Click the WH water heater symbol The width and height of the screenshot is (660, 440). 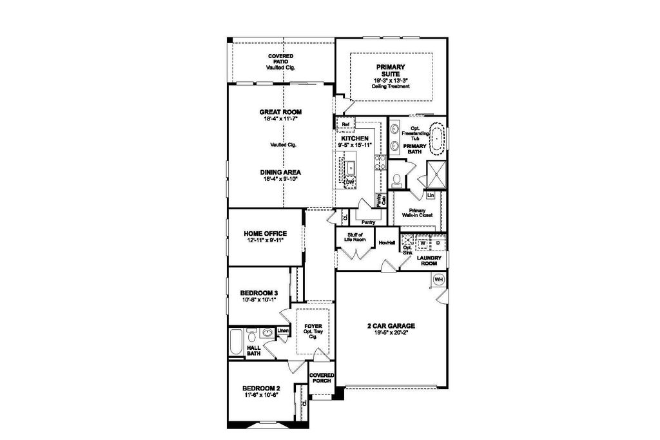click(x=439, y=279)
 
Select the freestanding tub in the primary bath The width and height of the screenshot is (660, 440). click(x=438, y=140)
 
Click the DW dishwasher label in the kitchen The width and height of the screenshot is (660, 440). click(x=350, y=183)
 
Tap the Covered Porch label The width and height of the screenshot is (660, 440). click(x=321, y=378)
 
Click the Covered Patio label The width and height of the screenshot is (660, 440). click(x=280, y=62)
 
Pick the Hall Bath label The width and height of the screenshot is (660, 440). click(x=254, y=349)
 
